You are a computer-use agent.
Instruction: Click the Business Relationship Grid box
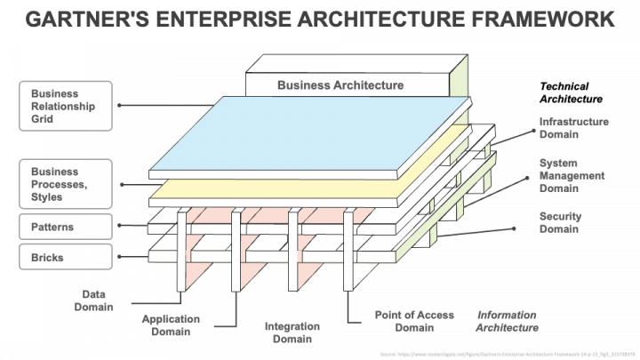(x=66, y=105)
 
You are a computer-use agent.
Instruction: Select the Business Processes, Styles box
(x=66, y=183)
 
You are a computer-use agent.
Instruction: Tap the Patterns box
(x=66, y=227)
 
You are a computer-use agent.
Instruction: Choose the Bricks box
(x=66, y=257)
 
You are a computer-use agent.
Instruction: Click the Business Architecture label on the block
(x=340, y=85)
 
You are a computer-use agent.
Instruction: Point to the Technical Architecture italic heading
(x=571, y=92)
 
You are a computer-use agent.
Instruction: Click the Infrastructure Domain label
(x=573, y=128)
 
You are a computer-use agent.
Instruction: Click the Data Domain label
(x=97, y=300)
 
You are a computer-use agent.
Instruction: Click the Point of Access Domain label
(x=414, y=321)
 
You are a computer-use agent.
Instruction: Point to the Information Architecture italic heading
(x=507, y=321)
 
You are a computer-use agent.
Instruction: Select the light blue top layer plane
(x=311, y=133)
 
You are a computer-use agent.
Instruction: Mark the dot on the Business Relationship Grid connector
(x=120, y=105)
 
